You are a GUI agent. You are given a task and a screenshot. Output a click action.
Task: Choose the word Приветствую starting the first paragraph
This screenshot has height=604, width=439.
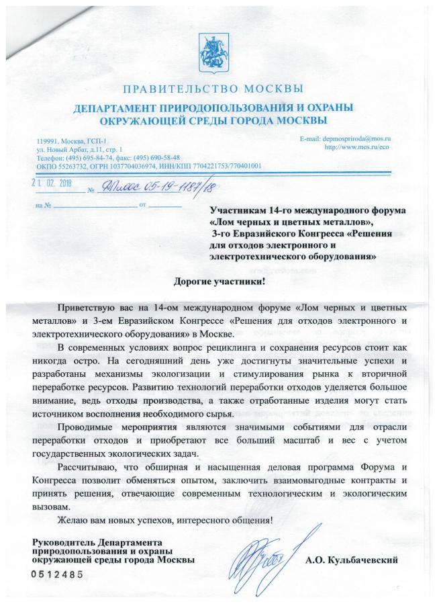[92, 310]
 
